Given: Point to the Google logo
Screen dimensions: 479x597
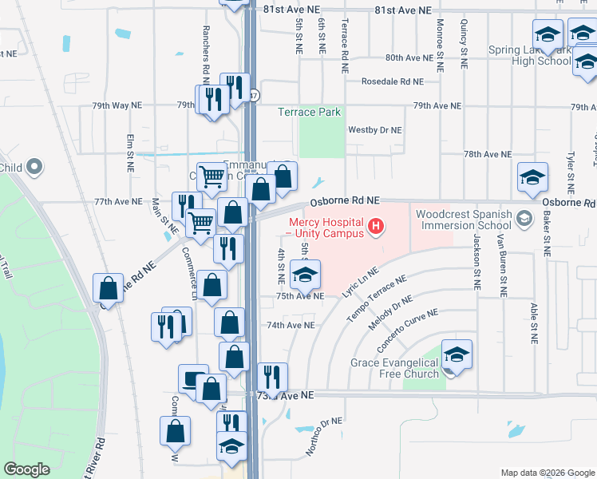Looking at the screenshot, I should pos(27,469).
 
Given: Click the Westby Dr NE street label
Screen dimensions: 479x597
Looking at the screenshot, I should pos(375,129).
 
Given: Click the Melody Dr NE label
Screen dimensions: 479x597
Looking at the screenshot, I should pos(389,315).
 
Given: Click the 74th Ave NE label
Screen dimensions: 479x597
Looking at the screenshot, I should pos(285,326).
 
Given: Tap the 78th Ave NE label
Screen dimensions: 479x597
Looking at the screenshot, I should pos(488,154).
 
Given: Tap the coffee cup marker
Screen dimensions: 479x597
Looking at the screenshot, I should pos(193,378).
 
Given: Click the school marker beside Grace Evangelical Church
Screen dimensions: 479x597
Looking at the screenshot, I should pos(457,354).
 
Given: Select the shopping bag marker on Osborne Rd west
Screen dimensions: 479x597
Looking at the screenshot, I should pos(108,288).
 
